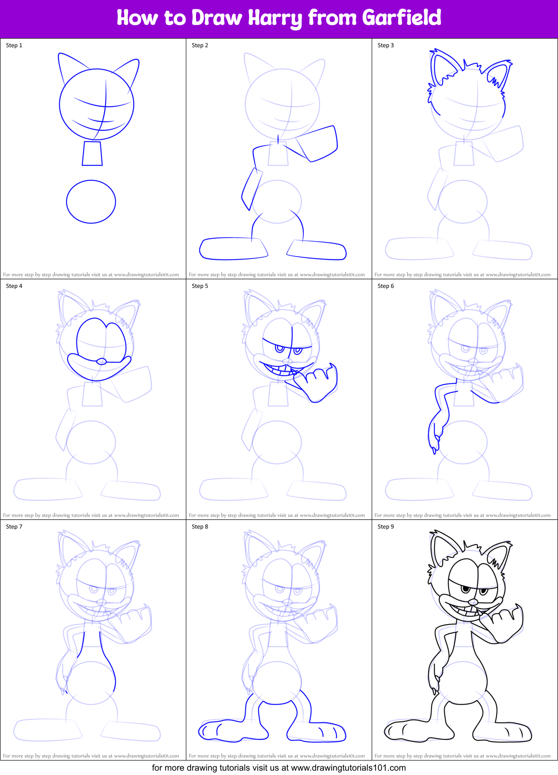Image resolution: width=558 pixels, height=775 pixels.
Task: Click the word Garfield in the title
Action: pos(401,18)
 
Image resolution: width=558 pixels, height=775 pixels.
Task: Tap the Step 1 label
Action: pos(14,45)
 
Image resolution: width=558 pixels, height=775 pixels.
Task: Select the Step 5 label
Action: pos(200,286)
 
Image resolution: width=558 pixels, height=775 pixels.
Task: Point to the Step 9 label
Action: pos(386,527)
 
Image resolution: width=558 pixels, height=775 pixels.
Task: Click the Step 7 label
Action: pos(14,527)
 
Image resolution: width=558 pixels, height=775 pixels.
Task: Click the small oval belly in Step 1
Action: pos(91,202)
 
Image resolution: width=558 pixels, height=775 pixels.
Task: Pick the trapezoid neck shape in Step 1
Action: pos(92,153)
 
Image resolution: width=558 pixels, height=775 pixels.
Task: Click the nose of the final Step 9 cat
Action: pos(473,602)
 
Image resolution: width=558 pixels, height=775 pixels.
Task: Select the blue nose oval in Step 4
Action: pos(101,361)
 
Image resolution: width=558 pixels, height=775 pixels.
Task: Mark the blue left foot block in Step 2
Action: pos(233,248)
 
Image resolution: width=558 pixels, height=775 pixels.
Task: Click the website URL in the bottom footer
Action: pos(349,768)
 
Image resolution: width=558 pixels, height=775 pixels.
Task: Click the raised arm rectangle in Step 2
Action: pos(316,143)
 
